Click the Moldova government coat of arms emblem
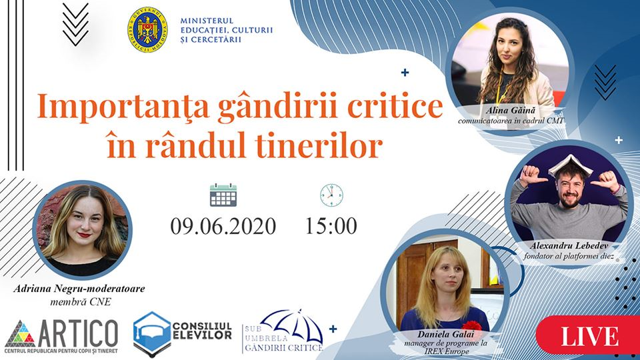coord(147,29)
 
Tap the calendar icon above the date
coord(223,195)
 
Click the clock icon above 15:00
coord(331,195)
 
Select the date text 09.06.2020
coord(223,227)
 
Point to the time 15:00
coord(331,226)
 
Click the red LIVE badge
coord(589,335)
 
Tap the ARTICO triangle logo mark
coord(20,333)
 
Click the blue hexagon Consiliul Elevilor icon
coord(152,334)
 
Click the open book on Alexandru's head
coord(570,165)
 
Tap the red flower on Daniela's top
coord(472,325)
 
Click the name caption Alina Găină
coord(510,110)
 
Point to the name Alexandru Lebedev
coord(569,246)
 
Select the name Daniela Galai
coord(445,334)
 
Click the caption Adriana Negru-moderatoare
coord(79,289)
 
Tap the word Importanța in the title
coord(123,107)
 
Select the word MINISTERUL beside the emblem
coord(207,21)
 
